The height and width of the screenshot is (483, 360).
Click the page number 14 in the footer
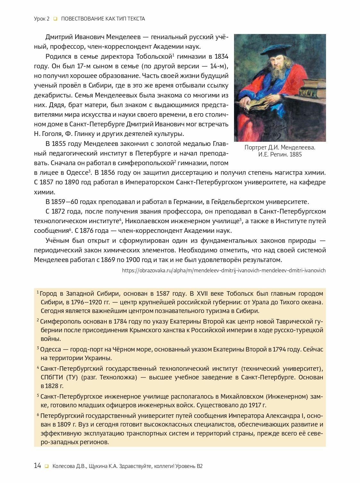coord(38,466)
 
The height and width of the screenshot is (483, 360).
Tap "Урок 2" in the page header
coord(42,19)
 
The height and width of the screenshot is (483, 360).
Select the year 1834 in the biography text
coord(221,57)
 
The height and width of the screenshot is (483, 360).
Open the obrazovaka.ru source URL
coord(224,270)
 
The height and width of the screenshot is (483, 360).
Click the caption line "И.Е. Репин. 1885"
coord(280,154)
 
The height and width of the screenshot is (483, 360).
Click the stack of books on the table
coord(312,89)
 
